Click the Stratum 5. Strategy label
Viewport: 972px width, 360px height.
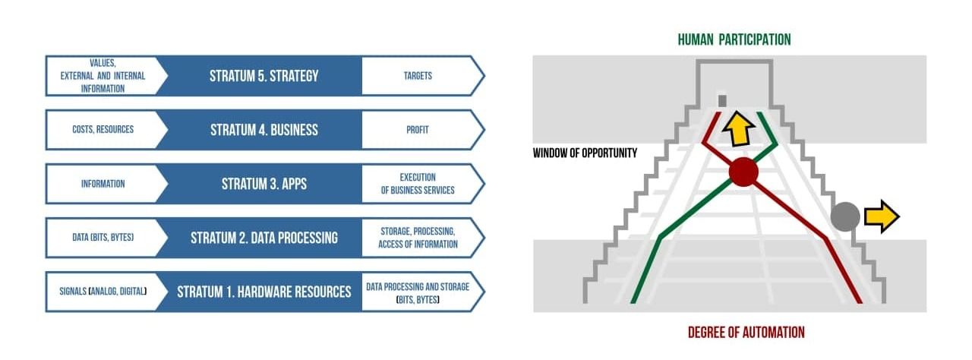click(264, 76)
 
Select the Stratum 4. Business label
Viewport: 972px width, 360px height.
click(264, 130)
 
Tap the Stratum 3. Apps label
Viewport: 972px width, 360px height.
click(264, 184)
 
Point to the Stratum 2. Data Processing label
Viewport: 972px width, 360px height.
click(264, 238)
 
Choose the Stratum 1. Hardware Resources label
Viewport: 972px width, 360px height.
click(264, 292)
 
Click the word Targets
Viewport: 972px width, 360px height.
click(418, 76)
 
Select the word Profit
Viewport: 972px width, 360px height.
click(418, 130)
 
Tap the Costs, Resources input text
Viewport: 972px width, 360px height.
click(103, 129)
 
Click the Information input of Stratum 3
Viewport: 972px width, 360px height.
click(103, 184)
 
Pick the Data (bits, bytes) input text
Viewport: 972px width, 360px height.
click(103, 238)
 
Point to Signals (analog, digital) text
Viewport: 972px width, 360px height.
click(103, 292)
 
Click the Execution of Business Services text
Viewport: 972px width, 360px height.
click(418, 184)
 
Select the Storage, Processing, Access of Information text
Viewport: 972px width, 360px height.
click(418, 238)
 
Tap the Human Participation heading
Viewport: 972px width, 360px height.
click(734, 40)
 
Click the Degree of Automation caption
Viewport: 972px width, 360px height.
click(746, 333)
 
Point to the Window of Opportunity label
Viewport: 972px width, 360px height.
click(585, 153)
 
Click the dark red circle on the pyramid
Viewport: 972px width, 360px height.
click(743, 172)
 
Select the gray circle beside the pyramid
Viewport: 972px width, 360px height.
click(845, 217)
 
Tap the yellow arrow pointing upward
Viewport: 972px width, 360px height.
click(738, 129)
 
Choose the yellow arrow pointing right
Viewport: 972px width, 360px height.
click(882, 216)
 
